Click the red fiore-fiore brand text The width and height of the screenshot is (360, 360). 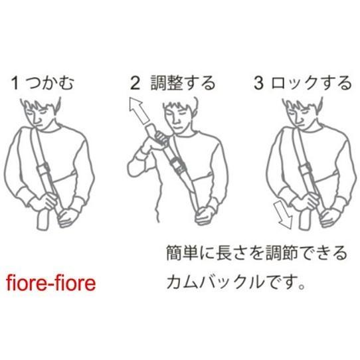click(50, 283)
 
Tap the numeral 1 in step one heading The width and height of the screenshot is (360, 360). click(15, 83)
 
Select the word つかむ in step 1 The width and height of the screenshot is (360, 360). click(50, 83)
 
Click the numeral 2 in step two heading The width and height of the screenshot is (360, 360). click(135, 83)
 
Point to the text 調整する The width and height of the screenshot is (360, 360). click(183, 83)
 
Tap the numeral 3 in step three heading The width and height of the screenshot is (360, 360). click(258, 83)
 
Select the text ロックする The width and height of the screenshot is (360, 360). click(312, 83)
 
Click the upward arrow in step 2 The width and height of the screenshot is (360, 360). click(139, 111)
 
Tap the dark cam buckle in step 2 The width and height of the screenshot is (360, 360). click(177, 165)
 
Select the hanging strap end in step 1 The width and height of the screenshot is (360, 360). click(43, 219)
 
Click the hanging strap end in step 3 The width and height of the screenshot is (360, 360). click(305, 220)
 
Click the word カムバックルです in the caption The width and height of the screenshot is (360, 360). click(236, 282)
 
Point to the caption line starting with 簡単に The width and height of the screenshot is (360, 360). click(256, 253)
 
